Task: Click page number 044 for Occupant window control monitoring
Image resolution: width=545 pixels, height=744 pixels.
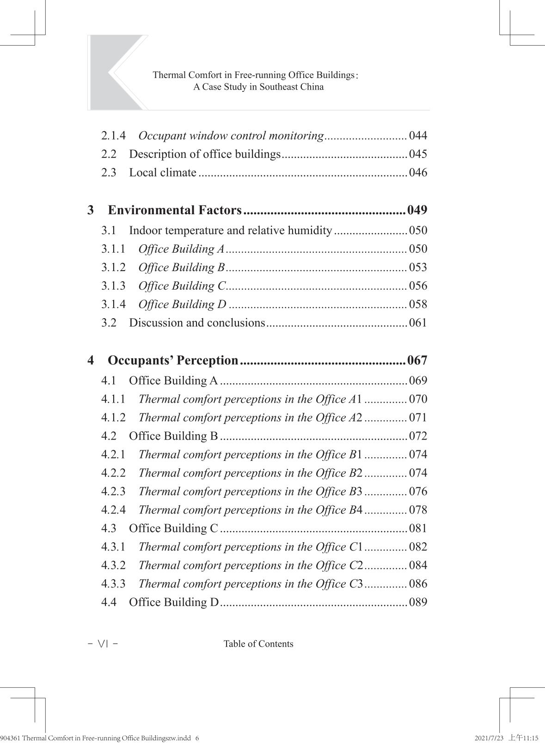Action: point(418,136)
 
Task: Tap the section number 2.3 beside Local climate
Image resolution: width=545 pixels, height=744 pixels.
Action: point(109,173)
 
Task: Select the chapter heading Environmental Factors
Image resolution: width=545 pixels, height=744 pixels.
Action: point(175,210)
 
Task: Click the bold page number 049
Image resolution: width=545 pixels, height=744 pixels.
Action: point(417,210)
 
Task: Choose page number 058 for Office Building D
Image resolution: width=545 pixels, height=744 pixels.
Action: point(418,304)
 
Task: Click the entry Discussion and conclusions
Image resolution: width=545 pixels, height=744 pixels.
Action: point(197,323)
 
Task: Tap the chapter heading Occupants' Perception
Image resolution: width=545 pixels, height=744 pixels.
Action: point(173,360)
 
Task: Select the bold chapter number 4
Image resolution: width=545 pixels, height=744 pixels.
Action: point(91,360)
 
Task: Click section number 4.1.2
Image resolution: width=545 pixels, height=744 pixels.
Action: point(113,417)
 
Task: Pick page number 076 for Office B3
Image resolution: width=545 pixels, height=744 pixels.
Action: point(418,491)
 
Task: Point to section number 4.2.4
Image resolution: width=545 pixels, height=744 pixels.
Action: point(113,510)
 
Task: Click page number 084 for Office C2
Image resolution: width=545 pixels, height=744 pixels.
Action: point(418,565)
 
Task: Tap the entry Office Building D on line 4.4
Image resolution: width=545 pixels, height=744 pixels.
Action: point(174,602)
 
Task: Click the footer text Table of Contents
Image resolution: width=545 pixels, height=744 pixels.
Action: point(258,644)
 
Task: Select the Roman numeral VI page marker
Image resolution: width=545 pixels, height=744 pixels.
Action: point(103,644)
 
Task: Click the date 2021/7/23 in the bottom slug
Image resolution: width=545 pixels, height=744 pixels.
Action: point(489,738)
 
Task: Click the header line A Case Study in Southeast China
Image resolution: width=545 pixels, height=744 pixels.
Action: point(258,87)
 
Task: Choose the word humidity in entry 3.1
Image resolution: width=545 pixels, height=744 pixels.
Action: point(309,230)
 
